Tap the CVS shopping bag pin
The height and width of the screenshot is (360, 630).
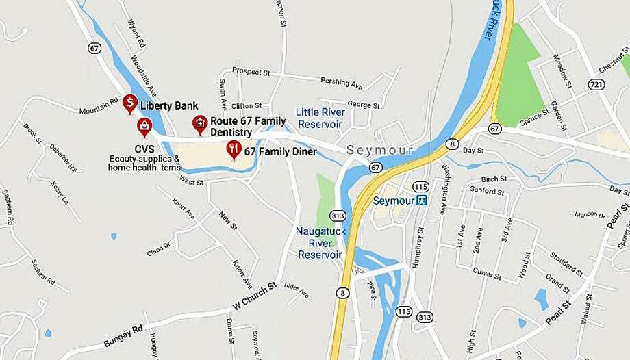tap(144, 126)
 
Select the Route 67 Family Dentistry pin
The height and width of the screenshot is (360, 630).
tap(199, 124)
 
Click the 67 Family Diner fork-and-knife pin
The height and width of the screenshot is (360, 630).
tap(234, 150)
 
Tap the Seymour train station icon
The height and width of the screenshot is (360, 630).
tap(422, 201)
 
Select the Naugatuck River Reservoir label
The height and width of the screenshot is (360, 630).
tap(319, 243)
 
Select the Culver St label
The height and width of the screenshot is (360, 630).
tap(488, 272)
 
